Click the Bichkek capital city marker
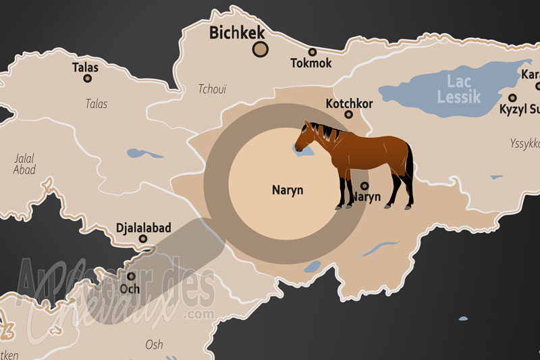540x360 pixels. coord(261,49)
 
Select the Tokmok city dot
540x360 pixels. coord(313,52)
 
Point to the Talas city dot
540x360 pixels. coord(87,78)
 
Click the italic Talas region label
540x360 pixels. coord(97,104)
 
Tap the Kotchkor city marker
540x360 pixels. coord(349,114)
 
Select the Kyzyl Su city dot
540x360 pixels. coord(512,97)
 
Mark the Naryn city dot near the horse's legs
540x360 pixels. coord(364,186)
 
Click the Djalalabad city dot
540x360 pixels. coord(143,238)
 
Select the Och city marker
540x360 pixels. coord(131,276)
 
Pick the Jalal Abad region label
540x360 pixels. coord(24,164)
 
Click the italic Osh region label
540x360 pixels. coord(154,345)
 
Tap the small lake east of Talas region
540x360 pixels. coord(145,154)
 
